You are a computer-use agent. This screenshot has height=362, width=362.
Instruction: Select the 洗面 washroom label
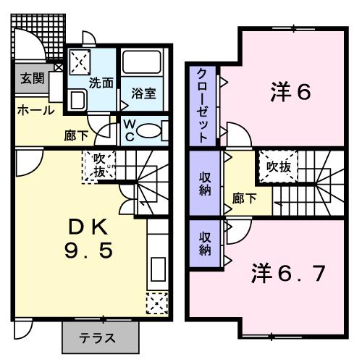pos(101,83)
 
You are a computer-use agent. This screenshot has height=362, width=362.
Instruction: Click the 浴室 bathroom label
pos(144,94)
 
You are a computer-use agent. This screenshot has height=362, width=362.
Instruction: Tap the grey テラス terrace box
pos(99,337)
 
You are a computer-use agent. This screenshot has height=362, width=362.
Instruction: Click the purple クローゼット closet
pos(203,105)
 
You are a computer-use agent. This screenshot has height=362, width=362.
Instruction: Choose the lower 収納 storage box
pos(205,244)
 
